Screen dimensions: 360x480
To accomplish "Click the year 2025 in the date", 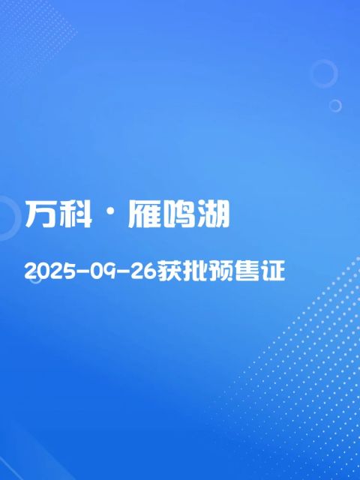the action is [50, 271].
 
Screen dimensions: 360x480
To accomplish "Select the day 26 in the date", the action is [144, 271].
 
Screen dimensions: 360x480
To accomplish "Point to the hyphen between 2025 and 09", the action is [82, 271].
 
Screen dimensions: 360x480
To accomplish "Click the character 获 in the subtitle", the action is [170, 271].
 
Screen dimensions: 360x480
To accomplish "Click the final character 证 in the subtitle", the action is [273, 271].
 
